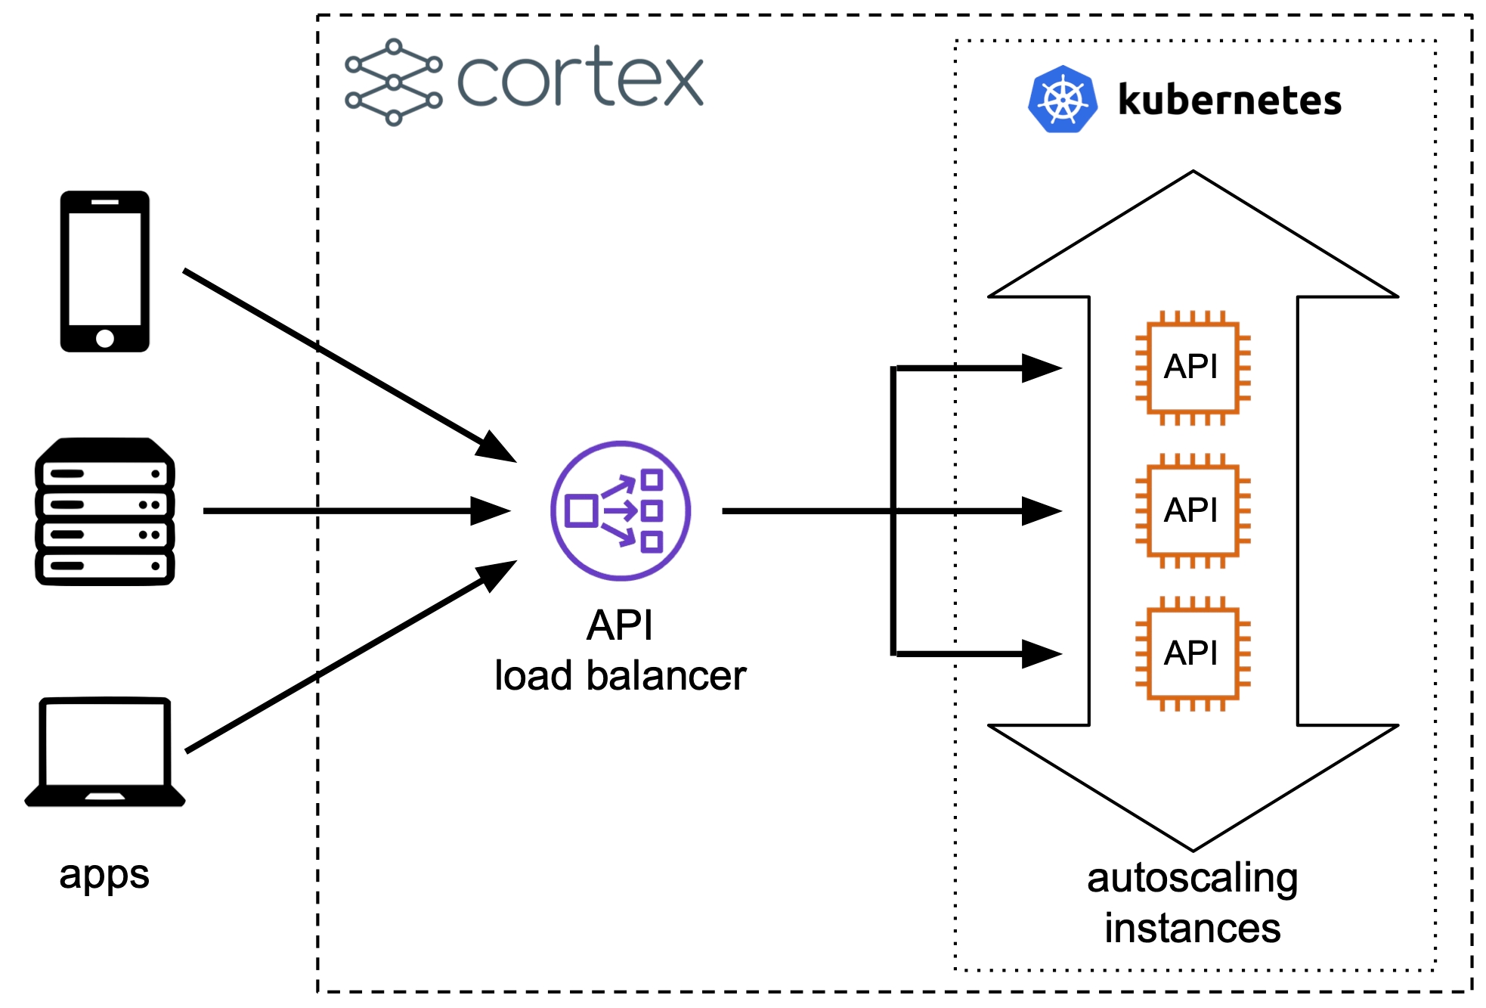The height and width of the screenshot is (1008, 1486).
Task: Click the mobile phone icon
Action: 105,271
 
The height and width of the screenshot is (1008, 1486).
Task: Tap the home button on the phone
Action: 105,338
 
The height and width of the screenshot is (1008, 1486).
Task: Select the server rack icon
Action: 105,511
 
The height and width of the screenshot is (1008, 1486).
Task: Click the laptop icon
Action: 105,752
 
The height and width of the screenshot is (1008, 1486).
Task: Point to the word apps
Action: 104,876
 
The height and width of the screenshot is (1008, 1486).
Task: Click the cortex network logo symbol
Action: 393,82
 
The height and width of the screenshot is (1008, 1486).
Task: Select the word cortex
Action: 580,79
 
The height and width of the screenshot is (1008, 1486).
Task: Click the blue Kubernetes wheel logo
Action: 1062,99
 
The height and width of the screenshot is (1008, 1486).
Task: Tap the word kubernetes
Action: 1230,101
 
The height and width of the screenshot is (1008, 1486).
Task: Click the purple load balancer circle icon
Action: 621,511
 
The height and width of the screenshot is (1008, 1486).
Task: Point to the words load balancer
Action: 620,675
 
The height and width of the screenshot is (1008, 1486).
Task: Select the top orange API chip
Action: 1193,368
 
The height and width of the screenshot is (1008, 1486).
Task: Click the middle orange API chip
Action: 1193,511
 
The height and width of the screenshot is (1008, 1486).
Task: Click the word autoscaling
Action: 1193,879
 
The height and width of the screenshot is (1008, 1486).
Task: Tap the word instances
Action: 1193,929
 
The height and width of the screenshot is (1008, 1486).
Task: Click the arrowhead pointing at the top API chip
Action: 1041,368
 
